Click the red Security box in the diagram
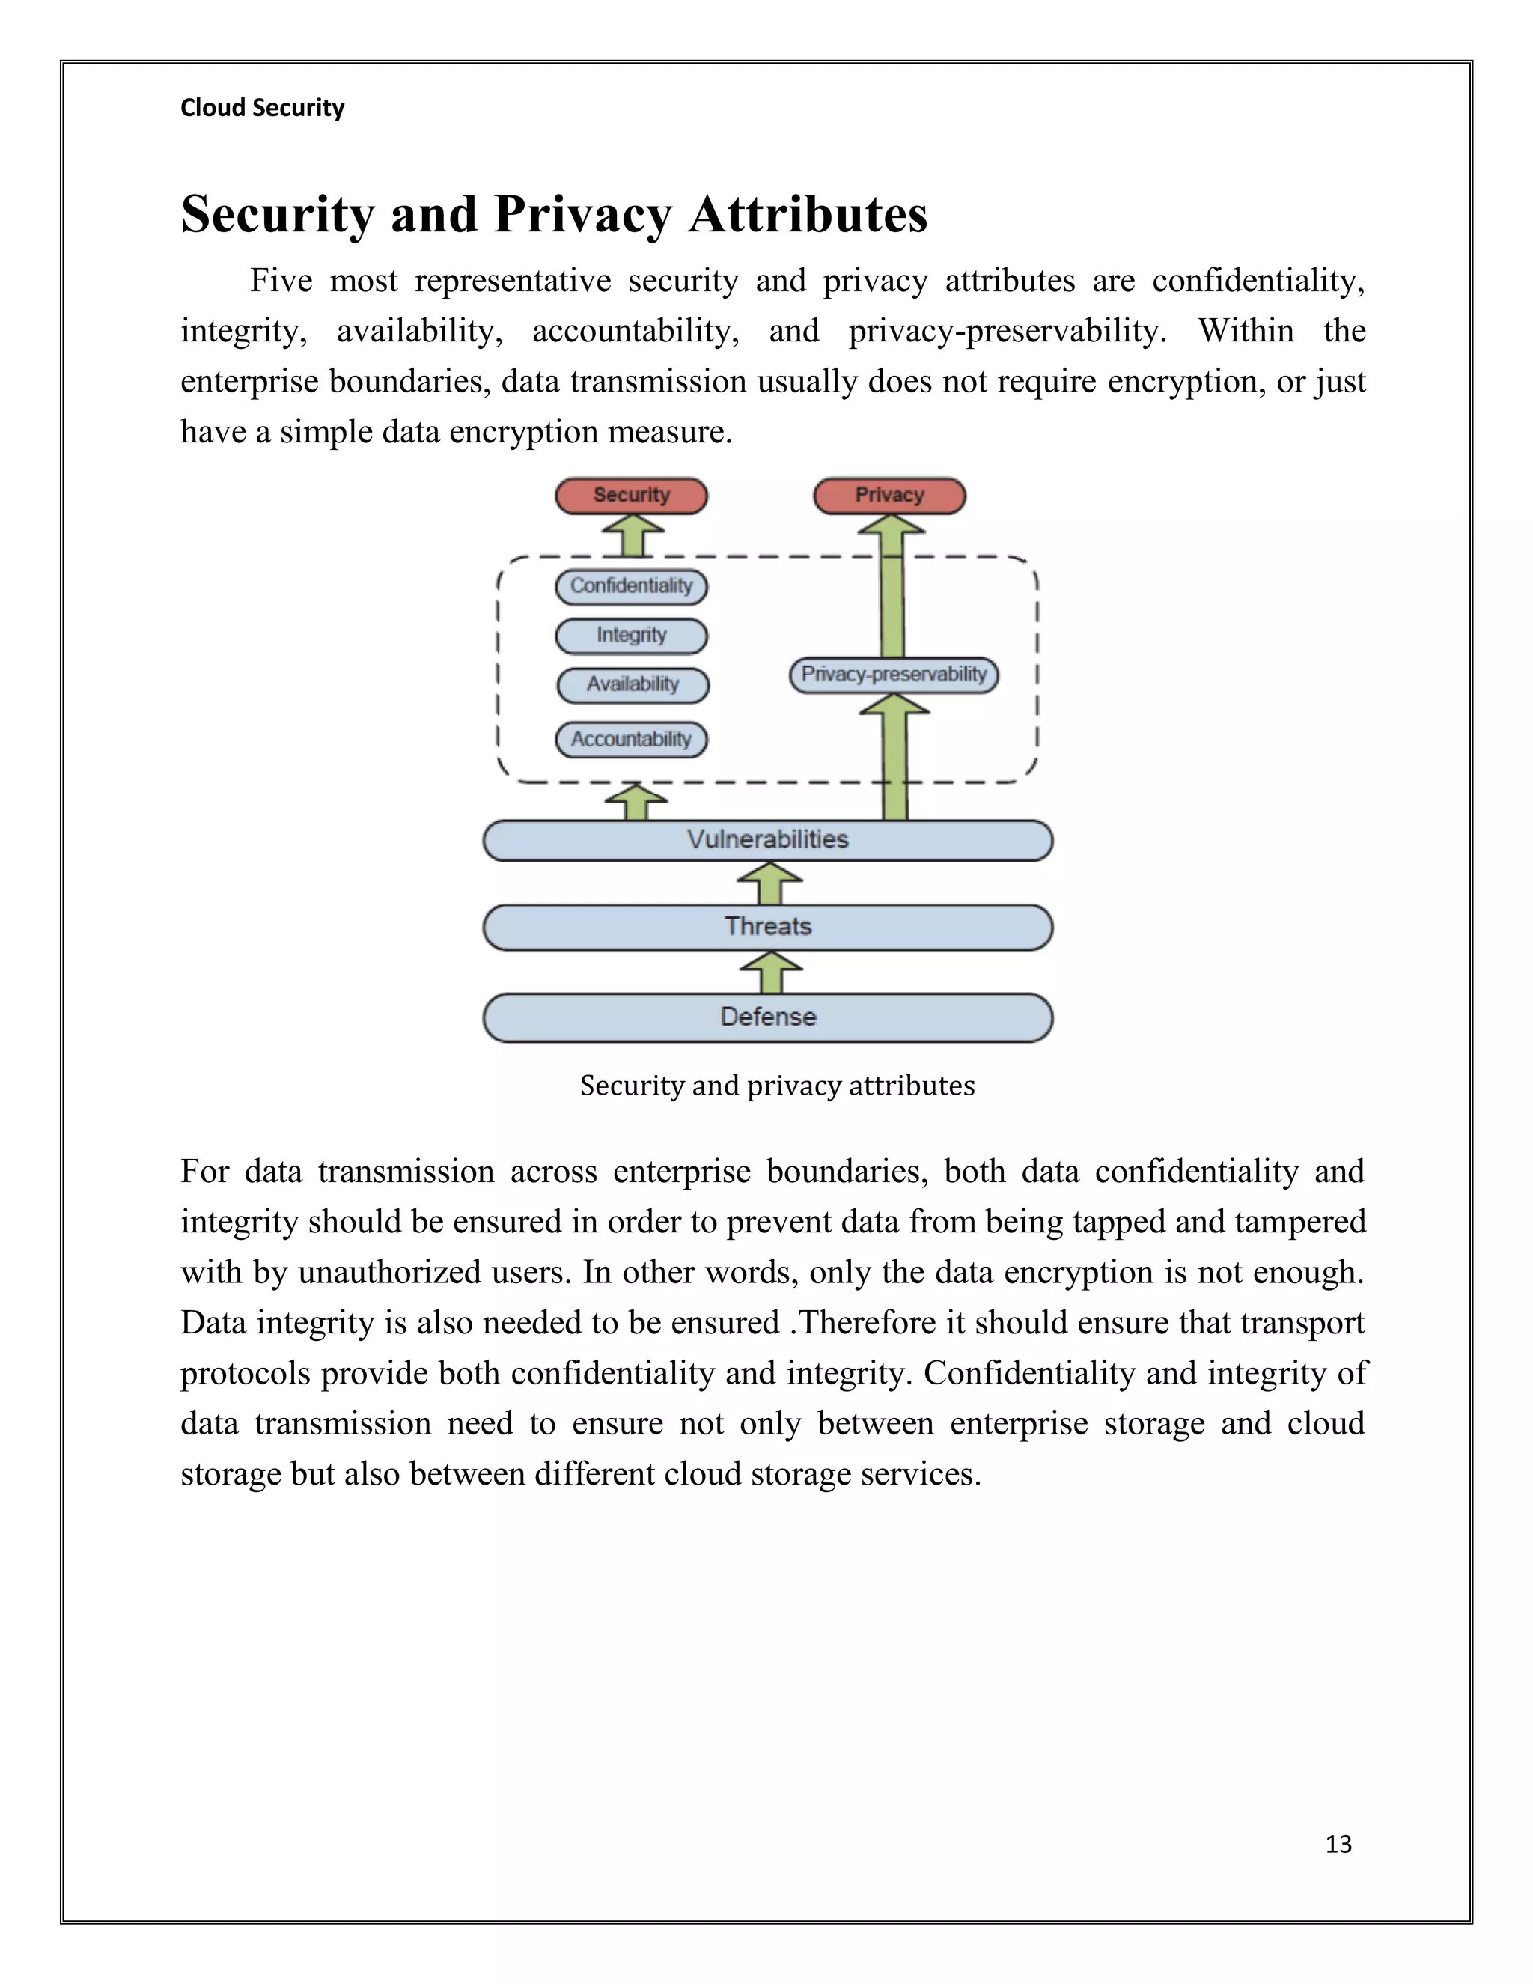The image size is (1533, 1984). click(x=631, y=496)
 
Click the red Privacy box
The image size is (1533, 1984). click(x=889, y=496)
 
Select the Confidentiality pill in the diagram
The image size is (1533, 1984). click(x=631, y=586)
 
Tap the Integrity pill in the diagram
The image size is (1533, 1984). click(x=631, y=636)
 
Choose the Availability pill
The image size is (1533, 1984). click(x=633, y=685)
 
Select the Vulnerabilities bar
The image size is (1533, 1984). click(x=767, y=840)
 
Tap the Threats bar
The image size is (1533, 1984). click(x=767, y=928)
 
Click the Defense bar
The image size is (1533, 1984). click(x=767, y=1017)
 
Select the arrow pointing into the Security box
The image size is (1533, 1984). click(x=633, y=533)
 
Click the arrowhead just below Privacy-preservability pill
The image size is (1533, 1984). click(x=894, y=707)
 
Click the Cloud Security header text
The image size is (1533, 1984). click(x=263, y=108)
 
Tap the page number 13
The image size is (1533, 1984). click(x=1338, y=1843)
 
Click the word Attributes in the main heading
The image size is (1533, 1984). click(x=808, y=216)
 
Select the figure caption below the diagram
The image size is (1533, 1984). click(x=778, y=1086)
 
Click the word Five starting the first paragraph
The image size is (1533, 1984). click(x=281, y=281)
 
